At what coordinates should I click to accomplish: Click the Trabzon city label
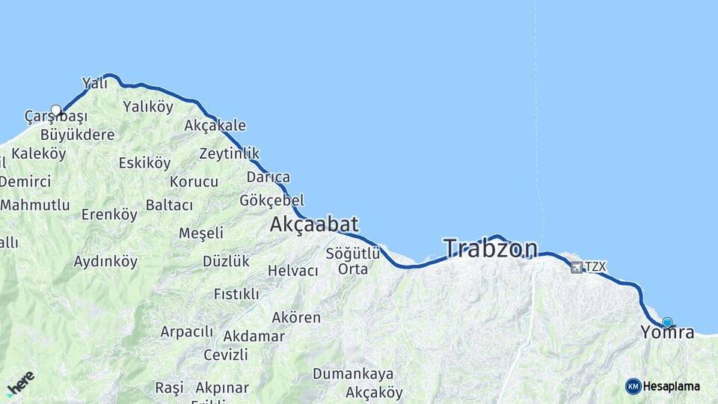(x=491, y=248)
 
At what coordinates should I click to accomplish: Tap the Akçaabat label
(x=314, y=224)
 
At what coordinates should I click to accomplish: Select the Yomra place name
(x=667, y=333)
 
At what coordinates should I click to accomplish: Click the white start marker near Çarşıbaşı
(x=56, y=110)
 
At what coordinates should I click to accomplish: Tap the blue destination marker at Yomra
(x=667, y=322)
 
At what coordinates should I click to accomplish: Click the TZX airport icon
(x=577, y=267)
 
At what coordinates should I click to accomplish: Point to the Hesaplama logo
(x=663, y=386)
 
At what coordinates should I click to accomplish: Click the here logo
(x=20, y=382)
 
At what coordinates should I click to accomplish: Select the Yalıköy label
(x=148, y=106)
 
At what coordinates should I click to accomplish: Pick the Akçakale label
(x=215, y=125)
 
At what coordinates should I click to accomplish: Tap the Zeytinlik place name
(x=230, y=153)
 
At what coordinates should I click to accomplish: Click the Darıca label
(x=269, y=177)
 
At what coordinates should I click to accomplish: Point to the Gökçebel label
(x=272, y=201)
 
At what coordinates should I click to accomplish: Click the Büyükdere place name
(x=78, y=135)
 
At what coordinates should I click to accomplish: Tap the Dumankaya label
(x=353, y=373)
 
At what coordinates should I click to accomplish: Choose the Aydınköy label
(x=105, y=262)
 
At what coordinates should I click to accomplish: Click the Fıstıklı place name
(x=236, y=294)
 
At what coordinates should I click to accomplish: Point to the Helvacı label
(x=293, y=271)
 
